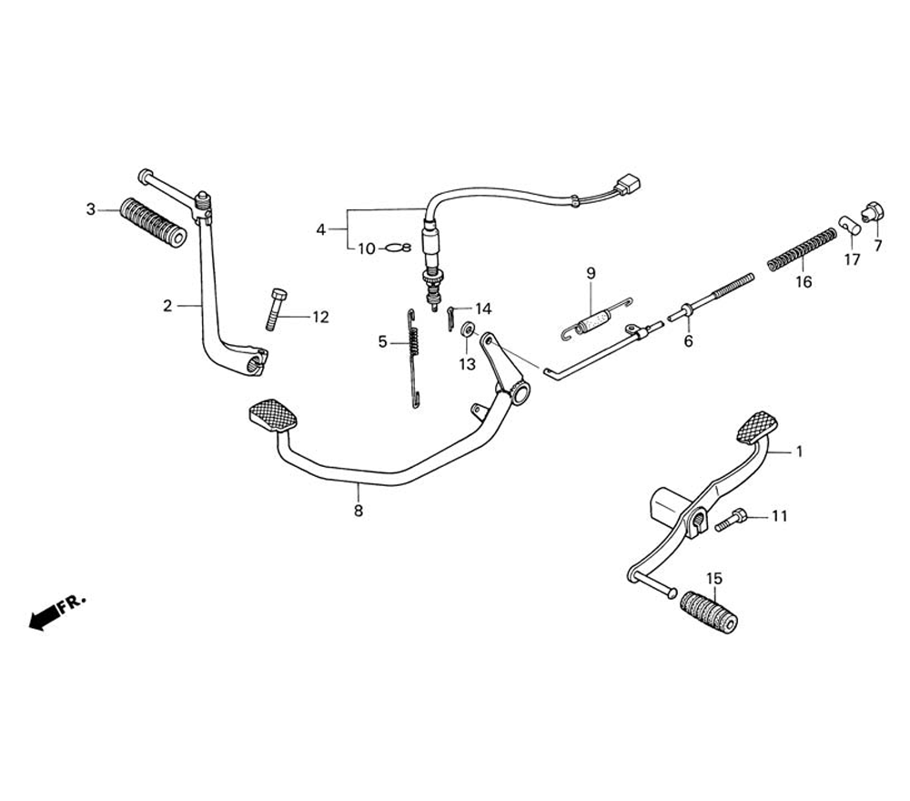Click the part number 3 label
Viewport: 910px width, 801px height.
[90, 209]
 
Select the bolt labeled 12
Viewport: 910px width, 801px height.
[277, 309]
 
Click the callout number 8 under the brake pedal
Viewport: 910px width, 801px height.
[359, 512]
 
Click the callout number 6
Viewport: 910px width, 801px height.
[688, 341]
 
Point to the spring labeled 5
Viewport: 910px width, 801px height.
[414, 356]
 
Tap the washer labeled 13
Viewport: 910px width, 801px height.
[466, 330]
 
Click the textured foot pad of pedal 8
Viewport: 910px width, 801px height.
[273, 415]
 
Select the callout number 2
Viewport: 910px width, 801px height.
[167, 306]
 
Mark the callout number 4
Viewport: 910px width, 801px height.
[320, 230]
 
